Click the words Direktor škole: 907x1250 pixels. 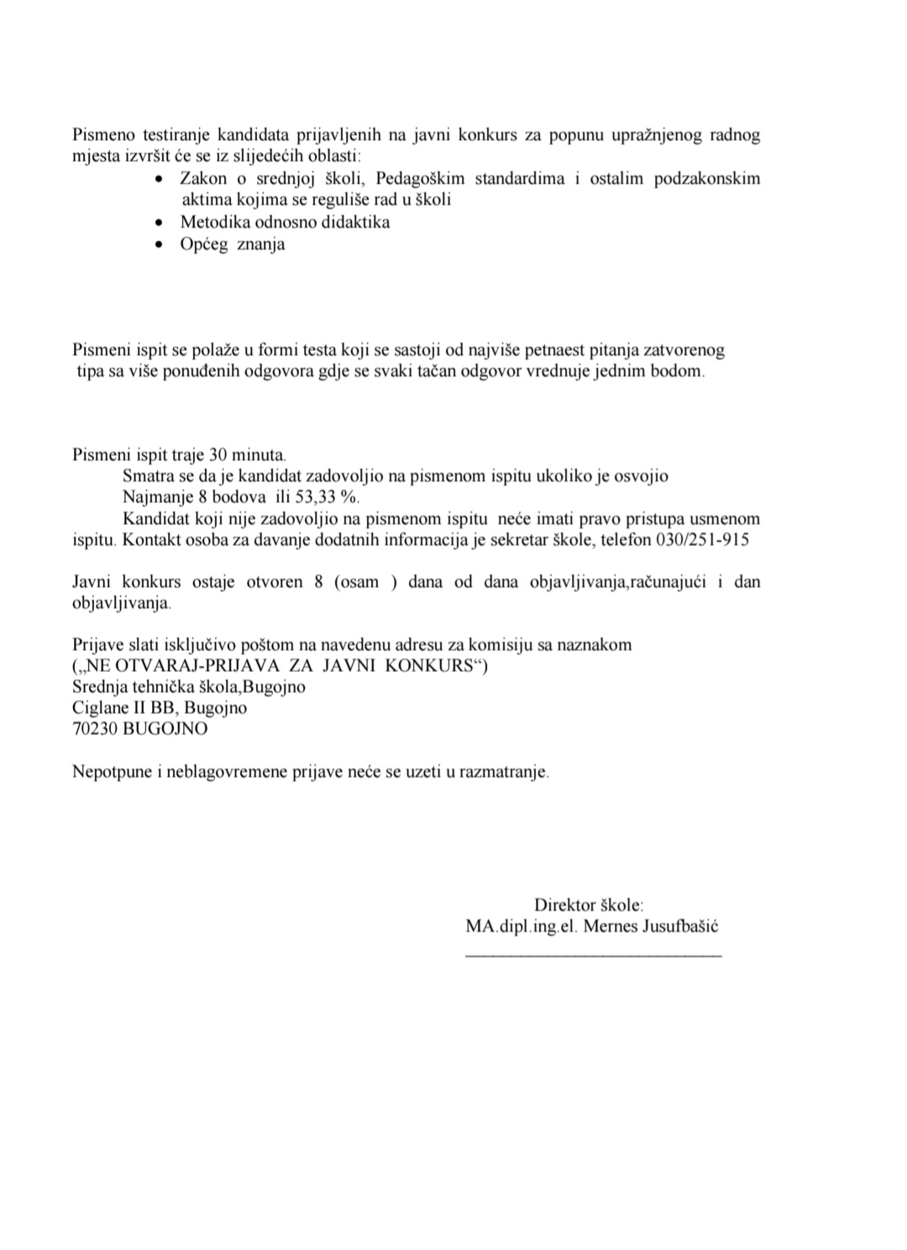click(589, 906)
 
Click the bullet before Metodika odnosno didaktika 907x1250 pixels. click(161, 223)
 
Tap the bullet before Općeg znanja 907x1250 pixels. click(161, 245)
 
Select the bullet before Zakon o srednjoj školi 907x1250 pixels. click(161, 180)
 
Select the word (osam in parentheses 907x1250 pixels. click(357, 581)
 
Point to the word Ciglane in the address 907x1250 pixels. click(99, 707)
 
